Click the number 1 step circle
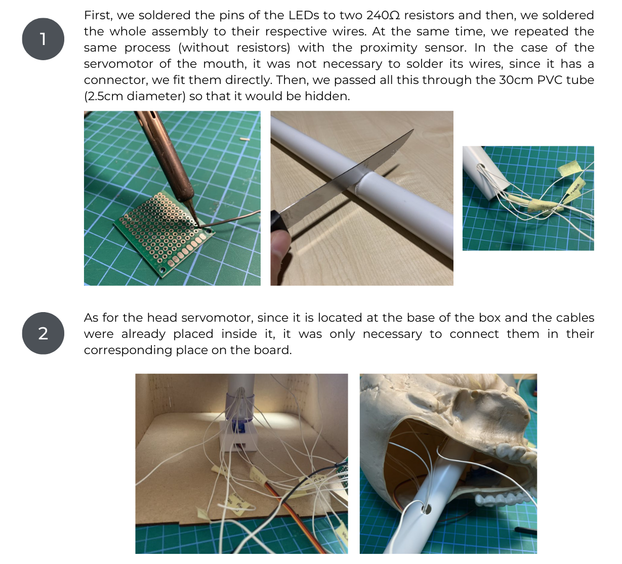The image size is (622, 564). point(43,39)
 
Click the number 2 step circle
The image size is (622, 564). point(43,333)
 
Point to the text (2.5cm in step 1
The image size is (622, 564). point(103,96)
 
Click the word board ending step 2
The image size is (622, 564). point(274,350)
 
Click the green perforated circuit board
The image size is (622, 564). point(162,233)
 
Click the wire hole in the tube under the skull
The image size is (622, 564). point(427,508)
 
